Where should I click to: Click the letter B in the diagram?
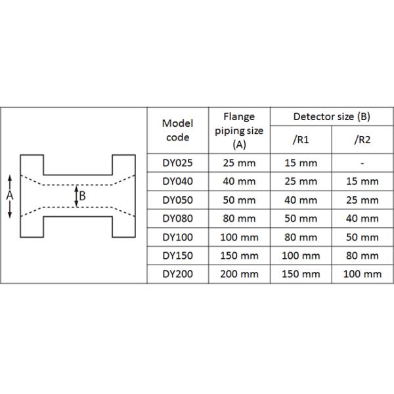[x=82, y=195]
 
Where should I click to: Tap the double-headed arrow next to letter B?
[x=76, y=196]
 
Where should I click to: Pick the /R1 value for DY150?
[x=300, y=255]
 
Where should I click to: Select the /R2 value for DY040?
[x=362, y=181]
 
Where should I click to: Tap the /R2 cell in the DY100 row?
[x=362, y=237]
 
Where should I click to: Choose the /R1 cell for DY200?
[x=300, y=274]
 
